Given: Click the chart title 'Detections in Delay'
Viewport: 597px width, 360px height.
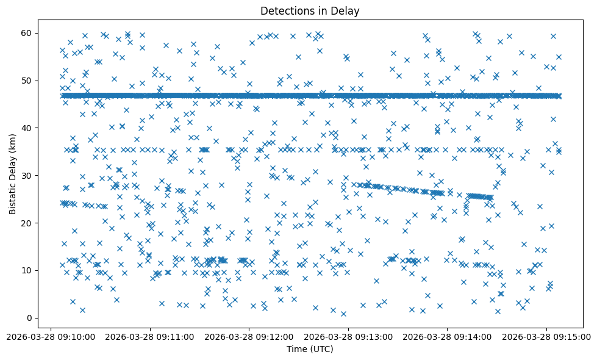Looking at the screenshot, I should pos(310,10).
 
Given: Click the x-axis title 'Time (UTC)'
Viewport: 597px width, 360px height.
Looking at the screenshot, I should pos(310,349).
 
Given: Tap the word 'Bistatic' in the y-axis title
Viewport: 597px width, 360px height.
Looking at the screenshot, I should pos(13,197).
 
